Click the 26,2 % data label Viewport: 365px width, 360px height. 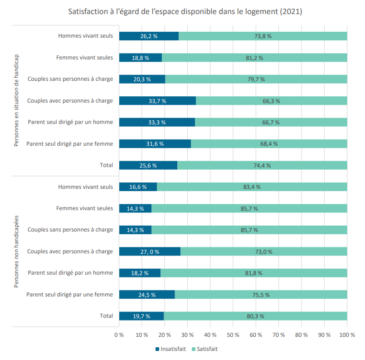click(x=149, y=36)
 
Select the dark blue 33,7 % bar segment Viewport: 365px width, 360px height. click(x=158, y=101)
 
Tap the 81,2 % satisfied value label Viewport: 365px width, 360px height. click(x=254, y=58)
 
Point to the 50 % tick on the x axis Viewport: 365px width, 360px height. click(x=233, y=335)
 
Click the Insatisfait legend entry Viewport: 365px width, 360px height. click(x=170, y=349)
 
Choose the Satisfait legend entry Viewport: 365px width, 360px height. click(x=204, y=349)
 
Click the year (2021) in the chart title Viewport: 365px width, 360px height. click(x=291, y=12)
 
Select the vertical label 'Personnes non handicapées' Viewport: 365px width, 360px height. click(x=16, y=252)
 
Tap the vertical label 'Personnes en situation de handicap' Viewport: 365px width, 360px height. click(x=16, y=100)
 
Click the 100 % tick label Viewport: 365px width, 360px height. click(x=347, y=335)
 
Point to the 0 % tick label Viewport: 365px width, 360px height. click(x=119, y=335)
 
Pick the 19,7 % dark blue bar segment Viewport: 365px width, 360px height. click(x=141, y=316)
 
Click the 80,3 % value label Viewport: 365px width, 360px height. click(x=255, y=316)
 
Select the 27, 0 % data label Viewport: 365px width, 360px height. click(x=150, y=252)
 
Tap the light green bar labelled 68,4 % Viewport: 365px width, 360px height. click(x=269, y=143)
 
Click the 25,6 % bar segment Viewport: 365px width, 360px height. click(x=148, y=165)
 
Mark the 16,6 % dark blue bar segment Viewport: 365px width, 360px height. click(x=138, y=187)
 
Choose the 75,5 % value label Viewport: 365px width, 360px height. click(x=261, y=295)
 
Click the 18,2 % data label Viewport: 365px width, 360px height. click(x=140, y=273)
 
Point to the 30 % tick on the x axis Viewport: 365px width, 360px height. click(x=187, y=335)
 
